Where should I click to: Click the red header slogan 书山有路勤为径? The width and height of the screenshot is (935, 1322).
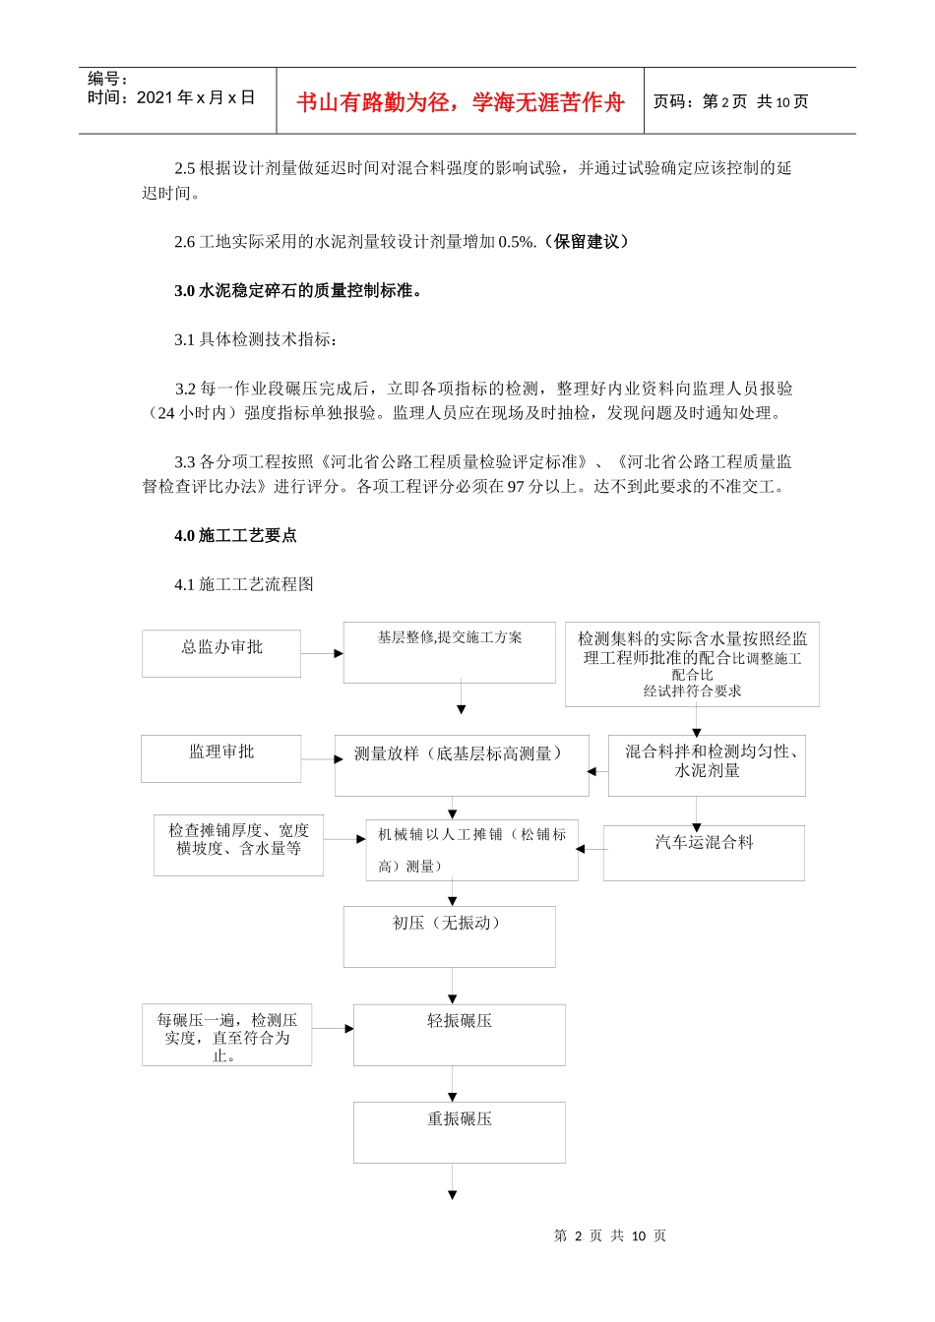click(460, 102)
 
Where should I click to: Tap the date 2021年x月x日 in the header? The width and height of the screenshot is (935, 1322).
click(195, 97)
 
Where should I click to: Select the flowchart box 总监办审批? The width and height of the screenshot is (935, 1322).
click(221, 652)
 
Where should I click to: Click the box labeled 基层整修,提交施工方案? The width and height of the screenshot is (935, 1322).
click(449, 651)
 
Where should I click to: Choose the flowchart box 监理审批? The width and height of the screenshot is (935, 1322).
click(220, 757)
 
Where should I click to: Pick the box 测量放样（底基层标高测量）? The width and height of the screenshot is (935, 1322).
click(461, 764)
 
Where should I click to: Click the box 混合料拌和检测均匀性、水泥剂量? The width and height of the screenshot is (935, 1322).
click(707, 764)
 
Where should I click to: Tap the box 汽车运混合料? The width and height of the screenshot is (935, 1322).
click(704, 852)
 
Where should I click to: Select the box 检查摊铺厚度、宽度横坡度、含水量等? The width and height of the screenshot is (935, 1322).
click(238, 844)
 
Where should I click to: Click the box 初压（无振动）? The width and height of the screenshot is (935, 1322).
click(449, 935)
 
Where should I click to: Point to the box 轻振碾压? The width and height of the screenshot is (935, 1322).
click(459, 1034)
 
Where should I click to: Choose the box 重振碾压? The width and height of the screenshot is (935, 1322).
click(459, 1131)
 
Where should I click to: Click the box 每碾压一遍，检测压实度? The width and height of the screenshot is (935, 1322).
click(226, 1035)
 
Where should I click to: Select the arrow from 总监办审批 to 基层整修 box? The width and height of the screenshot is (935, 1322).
click(322, 653)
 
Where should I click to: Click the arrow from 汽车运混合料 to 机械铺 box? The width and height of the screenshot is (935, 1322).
click(591, 848)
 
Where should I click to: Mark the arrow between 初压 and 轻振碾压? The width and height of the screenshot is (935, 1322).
click(453, 986)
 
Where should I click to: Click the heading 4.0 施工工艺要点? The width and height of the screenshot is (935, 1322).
click(235, 535)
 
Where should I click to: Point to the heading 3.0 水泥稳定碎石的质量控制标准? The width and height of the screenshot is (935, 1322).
click(298, 290)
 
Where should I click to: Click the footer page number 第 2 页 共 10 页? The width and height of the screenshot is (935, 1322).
click(610, 1235)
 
